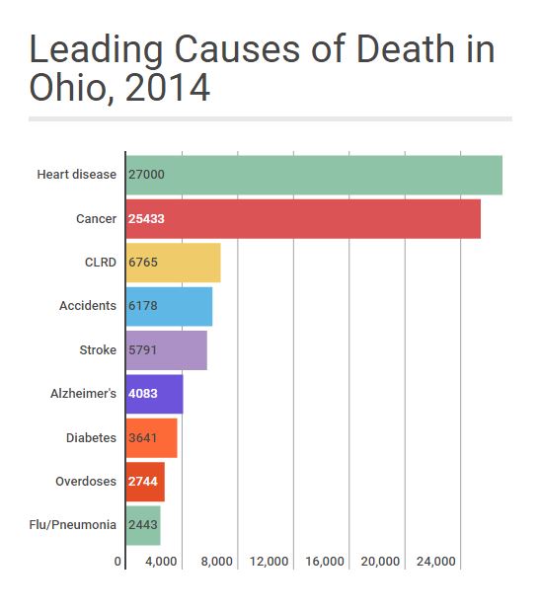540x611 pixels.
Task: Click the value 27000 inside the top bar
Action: (146, 175)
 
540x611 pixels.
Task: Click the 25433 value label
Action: (146, 218)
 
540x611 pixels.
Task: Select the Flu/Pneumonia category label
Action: (73, 524)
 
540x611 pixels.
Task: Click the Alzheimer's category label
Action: (84, 394)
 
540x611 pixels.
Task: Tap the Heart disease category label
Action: (77, 175)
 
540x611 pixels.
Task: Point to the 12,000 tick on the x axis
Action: (269, 562)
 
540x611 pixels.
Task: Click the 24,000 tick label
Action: (436, 562)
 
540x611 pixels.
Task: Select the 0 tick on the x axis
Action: (118, 562)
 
